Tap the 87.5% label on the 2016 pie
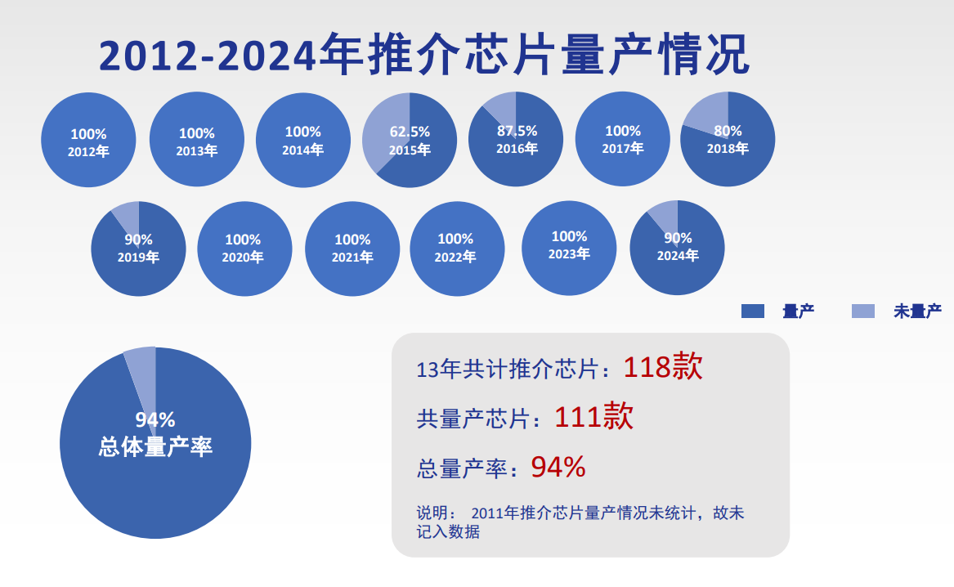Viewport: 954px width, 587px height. tap(517, 131)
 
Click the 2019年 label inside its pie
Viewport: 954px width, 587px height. tap(138, 258)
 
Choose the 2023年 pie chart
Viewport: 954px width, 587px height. tap(569, 248)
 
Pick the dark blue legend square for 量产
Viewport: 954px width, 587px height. tap(752, 311)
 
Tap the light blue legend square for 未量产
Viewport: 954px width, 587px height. tap(863, 311)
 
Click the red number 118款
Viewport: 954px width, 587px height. tap(662, 367)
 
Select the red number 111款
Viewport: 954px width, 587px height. tap(593, 418)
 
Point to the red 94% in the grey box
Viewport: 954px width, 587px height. tap(558, 467)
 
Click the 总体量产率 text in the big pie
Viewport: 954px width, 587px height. tap(155, 446)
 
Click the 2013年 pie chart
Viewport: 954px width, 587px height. tap(197, 140)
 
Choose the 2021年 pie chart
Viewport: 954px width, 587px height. tap(352, 249)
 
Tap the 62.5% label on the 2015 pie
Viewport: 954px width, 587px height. tap(410, 132)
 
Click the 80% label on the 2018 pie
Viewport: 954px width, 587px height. tap(728, 131)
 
